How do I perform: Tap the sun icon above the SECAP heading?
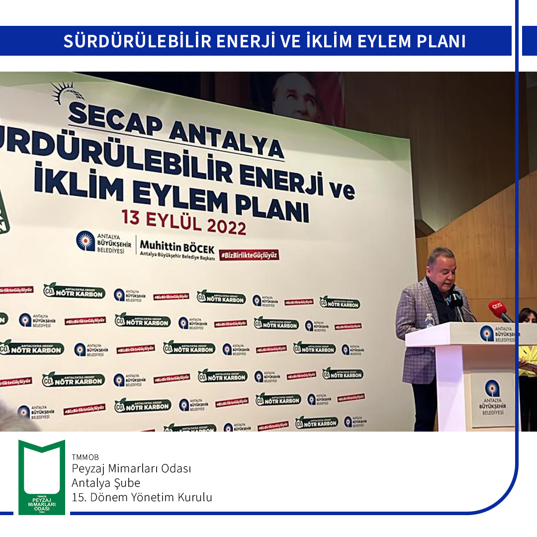pyautogui.click(x=68, y=92)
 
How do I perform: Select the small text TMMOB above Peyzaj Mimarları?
pyautogui.click(x=85, y=457)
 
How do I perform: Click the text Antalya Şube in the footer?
pyautogui.click(x=106, y=483)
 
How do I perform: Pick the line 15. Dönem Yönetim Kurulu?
pyautogui.click(x=142, y=497)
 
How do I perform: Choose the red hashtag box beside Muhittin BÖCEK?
pyautogui.click(x=249, y=255)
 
